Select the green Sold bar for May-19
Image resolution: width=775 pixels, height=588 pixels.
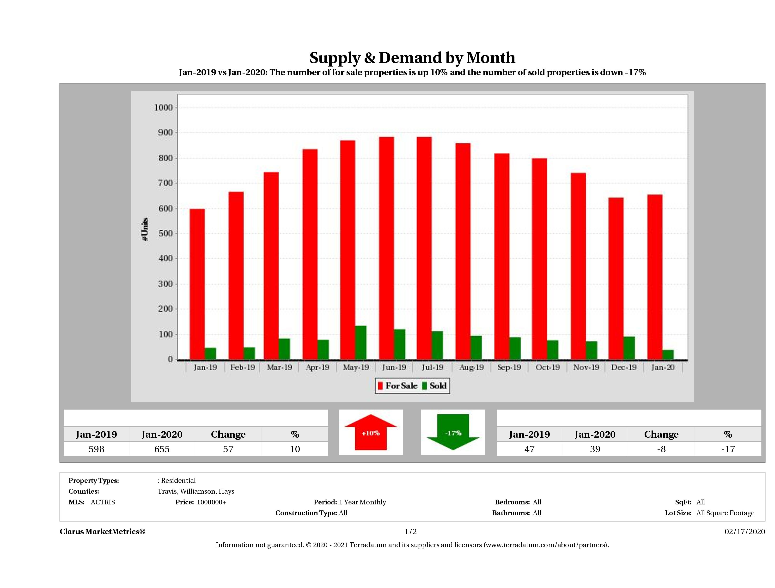[360, 343]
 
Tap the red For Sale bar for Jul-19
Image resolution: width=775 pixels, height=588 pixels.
[424, 248]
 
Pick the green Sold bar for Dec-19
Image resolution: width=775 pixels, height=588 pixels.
[629, 348]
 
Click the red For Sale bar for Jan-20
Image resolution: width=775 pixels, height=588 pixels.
[654, 277]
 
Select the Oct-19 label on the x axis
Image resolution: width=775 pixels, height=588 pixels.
[548, 367]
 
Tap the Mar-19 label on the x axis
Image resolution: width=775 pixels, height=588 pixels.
[279, 367]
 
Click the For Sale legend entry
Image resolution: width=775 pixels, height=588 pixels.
[398, 386]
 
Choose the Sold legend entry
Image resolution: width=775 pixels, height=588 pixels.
[434, 386]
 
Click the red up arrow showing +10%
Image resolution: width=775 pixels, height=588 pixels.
[371, 432]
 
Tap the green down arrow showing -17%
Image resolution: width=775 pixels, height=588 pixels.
[453, 432]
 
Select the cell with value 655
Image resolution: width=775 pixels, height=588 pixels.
[162, 449]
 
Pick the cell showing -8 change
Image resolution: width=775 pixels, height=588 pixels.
[661, 449]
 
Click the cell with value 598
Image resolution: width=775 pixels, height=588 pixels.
[96, 449]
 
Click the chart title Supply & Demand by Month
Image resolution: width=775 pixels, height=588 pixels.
[412, 58]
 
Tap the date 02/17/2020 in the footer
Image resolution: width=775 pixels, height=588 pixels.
[744, 532]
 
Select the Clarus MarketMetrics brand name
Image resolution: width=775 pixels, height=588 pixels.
[102, 532]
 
